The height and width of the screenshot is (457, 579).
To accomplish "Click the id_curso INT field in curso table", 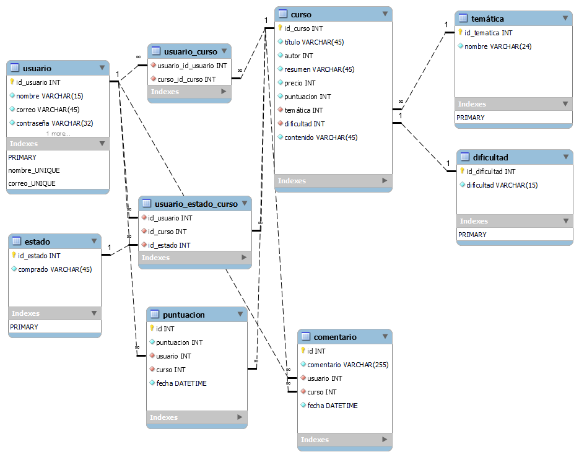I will (303, 28).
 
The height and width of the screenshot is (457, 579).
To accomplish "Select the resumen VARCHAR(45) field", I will (319, 69).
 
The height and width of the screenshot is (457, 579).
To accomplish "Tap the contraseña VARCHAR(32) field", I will (54, 123).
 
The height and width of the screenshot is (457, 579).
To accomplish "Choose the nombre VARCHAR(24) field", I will (498, 46).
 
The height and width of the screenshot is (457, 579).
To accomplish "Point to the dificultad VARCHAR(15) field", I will (502, 185).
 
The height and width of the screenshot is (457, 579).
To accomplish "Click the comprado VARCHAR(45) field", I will (54, 269).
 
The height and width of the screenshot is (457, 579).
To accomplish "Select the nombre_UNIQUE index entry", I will (34, 170).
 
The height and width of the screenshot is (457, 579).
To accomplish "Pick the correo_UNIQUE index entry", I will (32, 183).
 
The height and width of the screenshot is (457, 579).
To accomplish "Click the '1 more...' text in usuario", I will (58, 133).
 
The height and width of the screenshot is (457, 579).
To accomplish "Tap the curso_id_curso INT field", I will (186, 79).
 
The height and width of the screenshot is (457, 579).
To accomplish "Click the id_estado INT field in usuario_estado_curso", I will (169, 245).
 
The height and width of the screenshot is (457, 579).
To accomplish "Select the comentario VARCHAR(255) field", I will (347, 365).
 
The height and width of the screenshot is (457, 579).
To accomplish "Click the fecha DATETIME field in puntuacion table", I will (181, 383).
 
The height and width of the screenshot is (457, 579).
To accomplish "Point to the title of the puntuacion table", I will (183, 315).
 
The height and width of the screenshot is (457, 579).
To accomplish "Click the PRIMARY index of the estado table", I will (24, 327).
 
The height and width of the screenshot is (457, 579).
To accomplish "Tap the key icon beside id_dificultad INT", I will (462, 172).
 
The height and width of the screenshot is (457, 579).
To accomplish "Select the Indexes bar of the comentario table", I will (344, 440).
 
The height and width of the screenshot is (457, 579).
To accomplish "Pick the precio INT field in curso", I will (300, 83).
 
